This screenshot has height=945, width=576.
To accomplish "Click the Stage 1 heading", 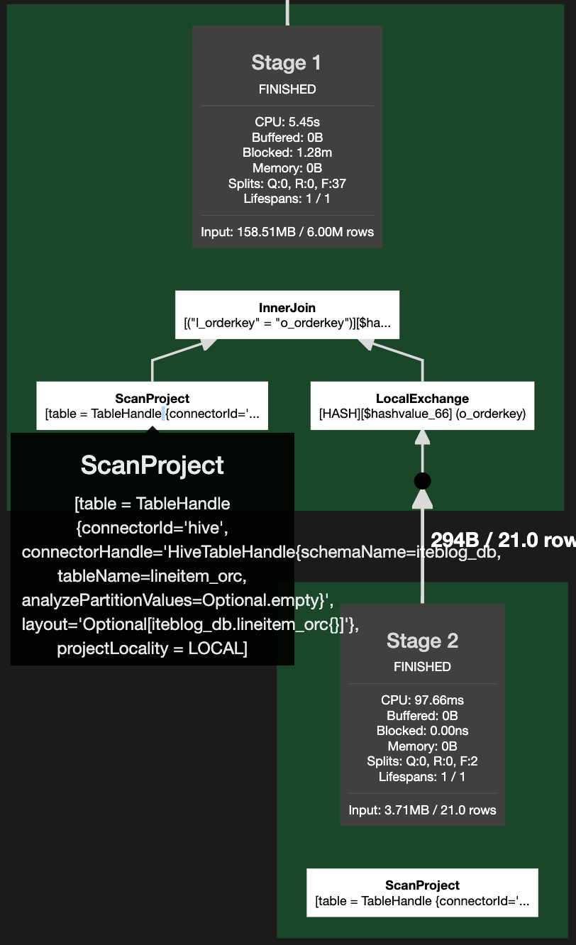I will (287, 63).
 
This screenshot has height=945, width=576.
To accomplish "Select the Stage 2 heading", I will (422, 641).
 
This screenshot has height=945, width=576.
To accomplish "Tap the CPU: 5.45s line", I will (287, 121).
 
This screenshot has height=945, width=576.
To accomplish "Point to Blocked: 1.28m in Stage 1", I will (287, 153).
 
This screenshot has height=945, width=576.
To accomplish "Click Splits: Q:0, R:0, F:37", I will (287, 184).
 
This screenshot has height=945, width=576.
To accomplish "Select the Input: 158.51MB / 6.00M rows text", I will (287, 232).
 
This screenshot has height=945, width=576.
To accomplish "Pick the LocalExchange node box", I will (422, 406).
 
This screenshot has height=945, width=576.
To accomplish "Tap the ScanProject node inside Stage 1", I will (152, 406).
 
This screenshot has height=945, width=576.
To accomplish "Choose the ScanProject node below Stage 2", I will (422, 892).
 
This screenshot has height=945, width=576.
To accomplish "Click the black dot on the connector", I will (422, 481).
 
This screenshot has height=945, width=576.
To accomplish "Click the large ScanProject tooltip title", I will (152, 465).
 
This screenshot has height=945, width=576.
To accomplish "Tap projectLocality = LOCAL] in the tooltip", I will (152, 648).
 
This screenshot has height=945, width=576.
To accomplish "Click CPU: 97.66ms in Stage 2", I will (422, 700).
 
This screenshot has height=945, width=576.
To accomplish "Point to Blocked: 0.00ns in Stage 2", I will (422, 731).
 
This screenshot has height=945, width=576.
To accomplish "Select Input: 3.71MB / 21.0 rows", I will (422, 809).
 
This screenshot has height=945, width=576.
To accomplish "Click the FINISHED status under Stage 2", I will (422, 667).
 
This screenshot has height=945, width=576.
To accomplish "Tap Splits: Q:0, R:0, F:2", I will (422, 761).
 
